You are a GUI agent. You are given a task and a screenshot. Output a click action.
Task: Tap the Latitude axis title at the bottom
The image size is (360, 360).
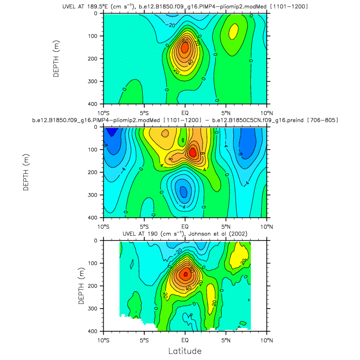[x=185, y=351]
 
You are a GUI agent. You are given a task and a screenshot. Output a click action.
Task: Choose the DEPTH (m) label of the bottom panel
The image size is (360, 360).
[x=81, y=285]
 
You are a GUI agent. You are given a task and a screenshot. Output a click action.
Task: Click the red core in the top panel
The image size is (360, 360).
[x=185, y=47]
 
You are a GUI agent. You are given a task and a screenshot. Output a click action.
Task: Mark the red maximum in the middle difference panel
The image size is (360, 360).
[x=193, y=152]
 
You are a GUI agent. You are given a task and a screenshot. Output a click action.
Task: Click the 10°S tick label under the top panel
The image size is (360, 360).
[x=104, y=111]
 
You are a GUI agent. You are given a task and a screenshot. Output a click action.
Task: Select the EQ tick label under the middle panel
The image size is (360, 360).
[x=185, y=225]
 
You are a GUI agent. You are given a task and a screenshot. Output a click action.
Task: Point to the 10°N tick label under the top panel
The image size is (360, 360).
[x=267, y=111]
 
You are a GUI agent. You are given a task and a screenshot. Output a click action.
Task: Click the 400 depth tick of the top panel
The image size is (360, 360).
[x=94, y=104]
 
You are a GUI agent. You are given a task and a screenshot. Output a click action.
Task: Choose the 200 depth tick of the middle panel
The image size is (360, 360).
[x=94, y=172]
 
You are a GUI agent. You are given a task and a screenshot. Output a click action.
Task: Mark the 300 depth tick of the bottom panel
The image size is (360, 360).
[x=94, y=308]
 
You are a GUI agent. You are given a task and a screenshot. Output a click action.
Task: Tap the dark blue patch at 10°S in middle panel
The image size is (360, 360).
[x=111, y=132]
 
